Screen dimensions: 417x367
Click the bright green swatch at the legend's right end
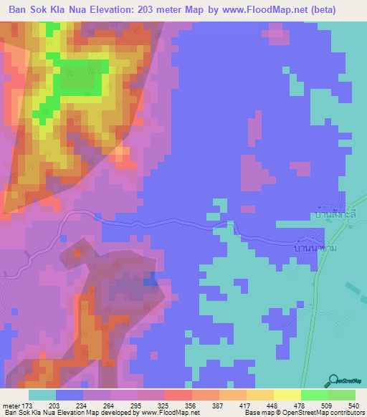[342, 395]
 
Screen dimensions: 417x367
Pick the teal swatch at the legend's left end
[42, 395]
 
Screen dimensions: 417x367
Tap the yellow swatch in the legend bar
[287, 395]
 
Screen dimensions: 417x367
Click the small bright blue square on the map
[150, 282]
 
